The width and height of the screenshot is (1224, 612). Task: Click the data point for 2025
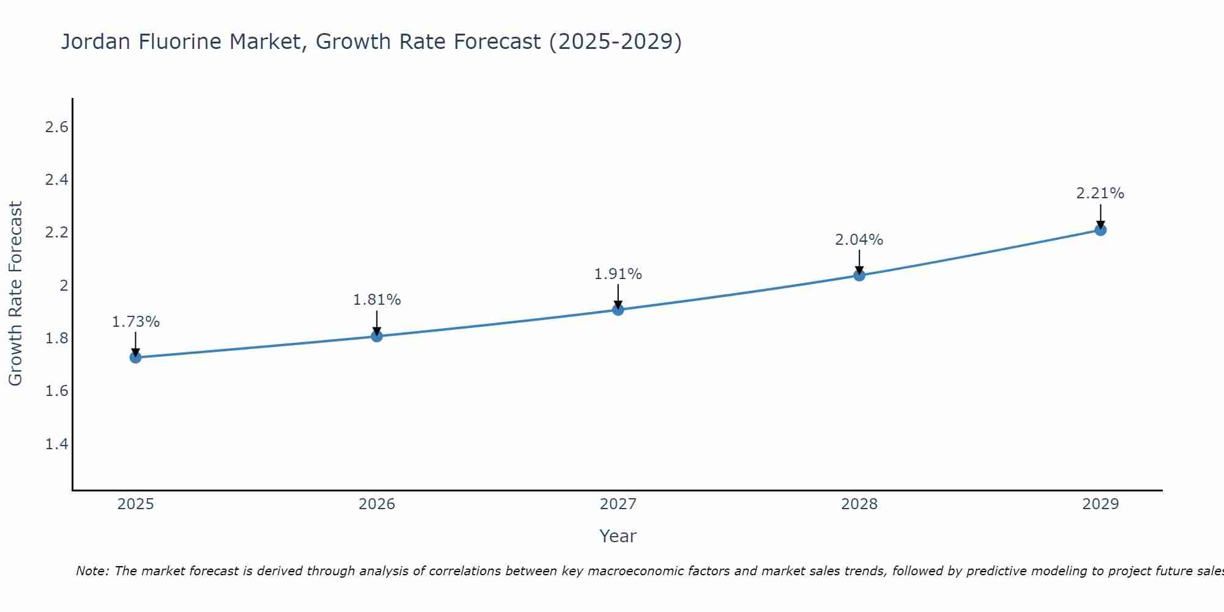pos(135,357)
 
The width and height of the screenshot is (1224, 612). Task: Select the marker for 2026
pos(376,336)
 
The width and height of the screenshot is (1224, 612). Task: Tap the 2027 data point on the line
pos(618,310)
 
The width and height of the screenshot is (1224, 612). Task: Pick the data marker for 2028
pos(859,275)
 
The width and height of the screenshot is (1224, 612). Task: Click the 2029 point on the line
pos(1100,230)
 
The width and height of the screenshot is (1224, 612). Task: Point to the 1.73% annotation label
pos(136,322)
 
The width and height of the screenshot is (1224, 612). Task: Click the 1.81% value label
pos(377,300)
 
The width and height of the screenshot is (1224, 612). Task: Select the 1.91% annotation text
pos(618,274)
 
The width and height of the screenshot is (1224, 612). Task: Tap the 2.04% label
pos(859,240)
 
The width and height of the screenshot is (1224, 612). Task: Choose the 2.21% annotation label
pos(1100,193)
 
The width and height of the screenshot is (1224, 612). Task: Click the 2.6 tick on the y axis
pos(56,127)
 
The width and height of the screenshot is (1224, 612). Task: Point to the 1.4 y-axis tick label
pos(56,444)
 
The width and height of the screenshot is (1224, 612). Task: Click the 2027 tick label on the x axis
pos(618,504)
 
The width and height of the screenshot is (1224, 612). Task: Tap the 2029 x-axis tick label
pos(1100,504)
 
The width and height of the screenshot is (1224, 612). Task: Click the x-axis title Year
pos(618,536)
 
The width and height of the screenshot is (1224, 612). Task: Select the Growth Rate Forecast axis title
pos(15,294)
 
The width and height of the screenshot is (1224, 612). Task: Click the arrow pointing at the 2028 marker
pos(859,262)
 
